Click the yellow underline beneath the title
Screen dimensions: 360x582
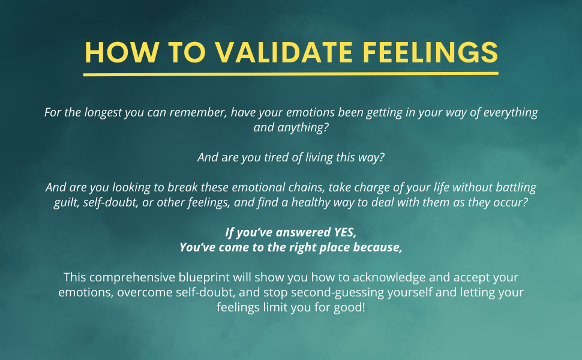coord(291,74)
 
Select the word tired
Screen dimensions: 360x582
coord(256,157)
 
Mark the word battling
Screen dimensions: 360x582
coord(514,187)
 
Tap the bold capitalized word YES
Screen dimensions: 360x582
coord(344,232)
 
